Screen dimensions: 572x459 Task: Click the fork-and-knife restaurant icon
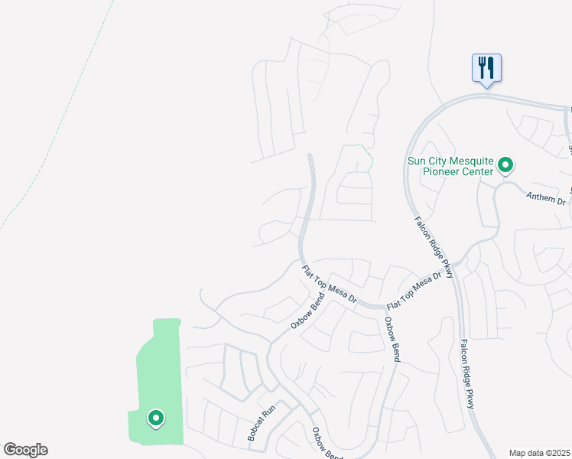(486, 68)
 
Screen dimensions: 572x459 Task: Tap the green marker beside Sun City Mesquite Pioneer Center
(505, 164)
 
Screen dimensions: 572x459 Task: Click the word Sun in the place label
(418, 161)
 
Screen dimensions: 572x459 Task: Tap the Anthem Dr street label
(546, 198)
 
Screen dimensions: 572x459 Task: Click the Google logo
(25, 450)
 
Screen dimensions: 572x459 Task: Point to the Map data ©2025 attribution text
(540, 453)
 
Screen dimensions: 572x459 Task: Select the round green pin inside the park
(155, 418)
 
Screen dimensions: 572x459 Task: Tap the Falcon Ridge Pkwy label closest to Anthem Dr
(434, 246)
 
